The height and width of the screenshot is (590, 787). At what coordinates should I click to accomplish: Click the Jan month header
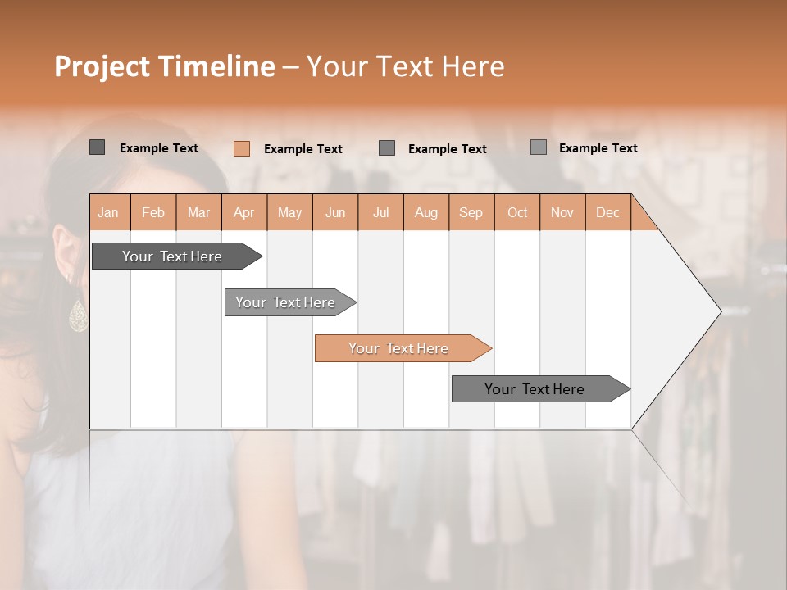click(109, 212)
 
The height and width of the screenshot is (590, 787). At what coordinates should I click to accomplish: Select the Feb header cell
click(153, 212)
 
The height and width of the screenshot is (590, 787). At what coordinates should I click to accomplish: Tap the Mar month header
click(198, 212)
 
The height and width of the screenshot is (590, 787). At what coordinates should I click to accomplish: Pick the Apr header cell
click(244, 212)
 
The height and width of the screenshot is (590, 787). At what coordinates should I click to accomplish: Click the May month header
click(289, 212)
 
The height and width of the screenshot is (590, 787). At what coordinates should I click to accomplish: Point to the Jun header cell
click(335, 212)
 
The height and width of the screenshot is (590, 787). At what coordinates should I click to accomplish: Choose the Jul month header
click(380, 212)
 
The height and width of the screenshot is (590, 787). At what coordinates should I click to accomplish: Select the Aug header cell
click(426, 212)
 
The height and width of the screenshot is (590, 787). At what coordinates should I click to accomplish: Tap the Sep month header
click(471, 212)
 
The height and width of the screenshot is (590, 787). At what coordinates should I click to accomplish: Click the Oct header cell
click(517, 212)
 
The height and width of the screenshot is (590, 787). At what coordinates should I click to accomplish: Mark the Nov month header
click(562, 212)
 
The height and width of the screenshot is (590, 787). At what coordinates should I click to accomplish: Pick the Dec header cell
click(607, 212)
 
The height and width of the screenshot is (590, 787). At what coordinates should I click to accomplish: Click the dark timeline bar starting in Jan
click(172, 256)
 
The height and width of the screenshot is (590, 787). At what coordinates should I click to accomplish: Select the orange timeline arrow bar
click(399, 348)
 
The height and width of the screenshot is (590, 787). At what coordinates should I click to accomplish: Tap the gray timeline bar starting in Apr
click(286, 302)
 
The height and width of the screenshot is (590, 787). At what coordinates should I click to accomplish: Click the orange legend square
click(241, 148)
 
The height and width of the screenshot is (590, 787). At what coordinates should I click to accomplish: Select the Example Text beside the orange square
click(303, 149)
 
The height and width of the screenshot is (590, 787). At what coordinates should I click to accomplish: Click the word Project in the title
click(102, 66)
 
